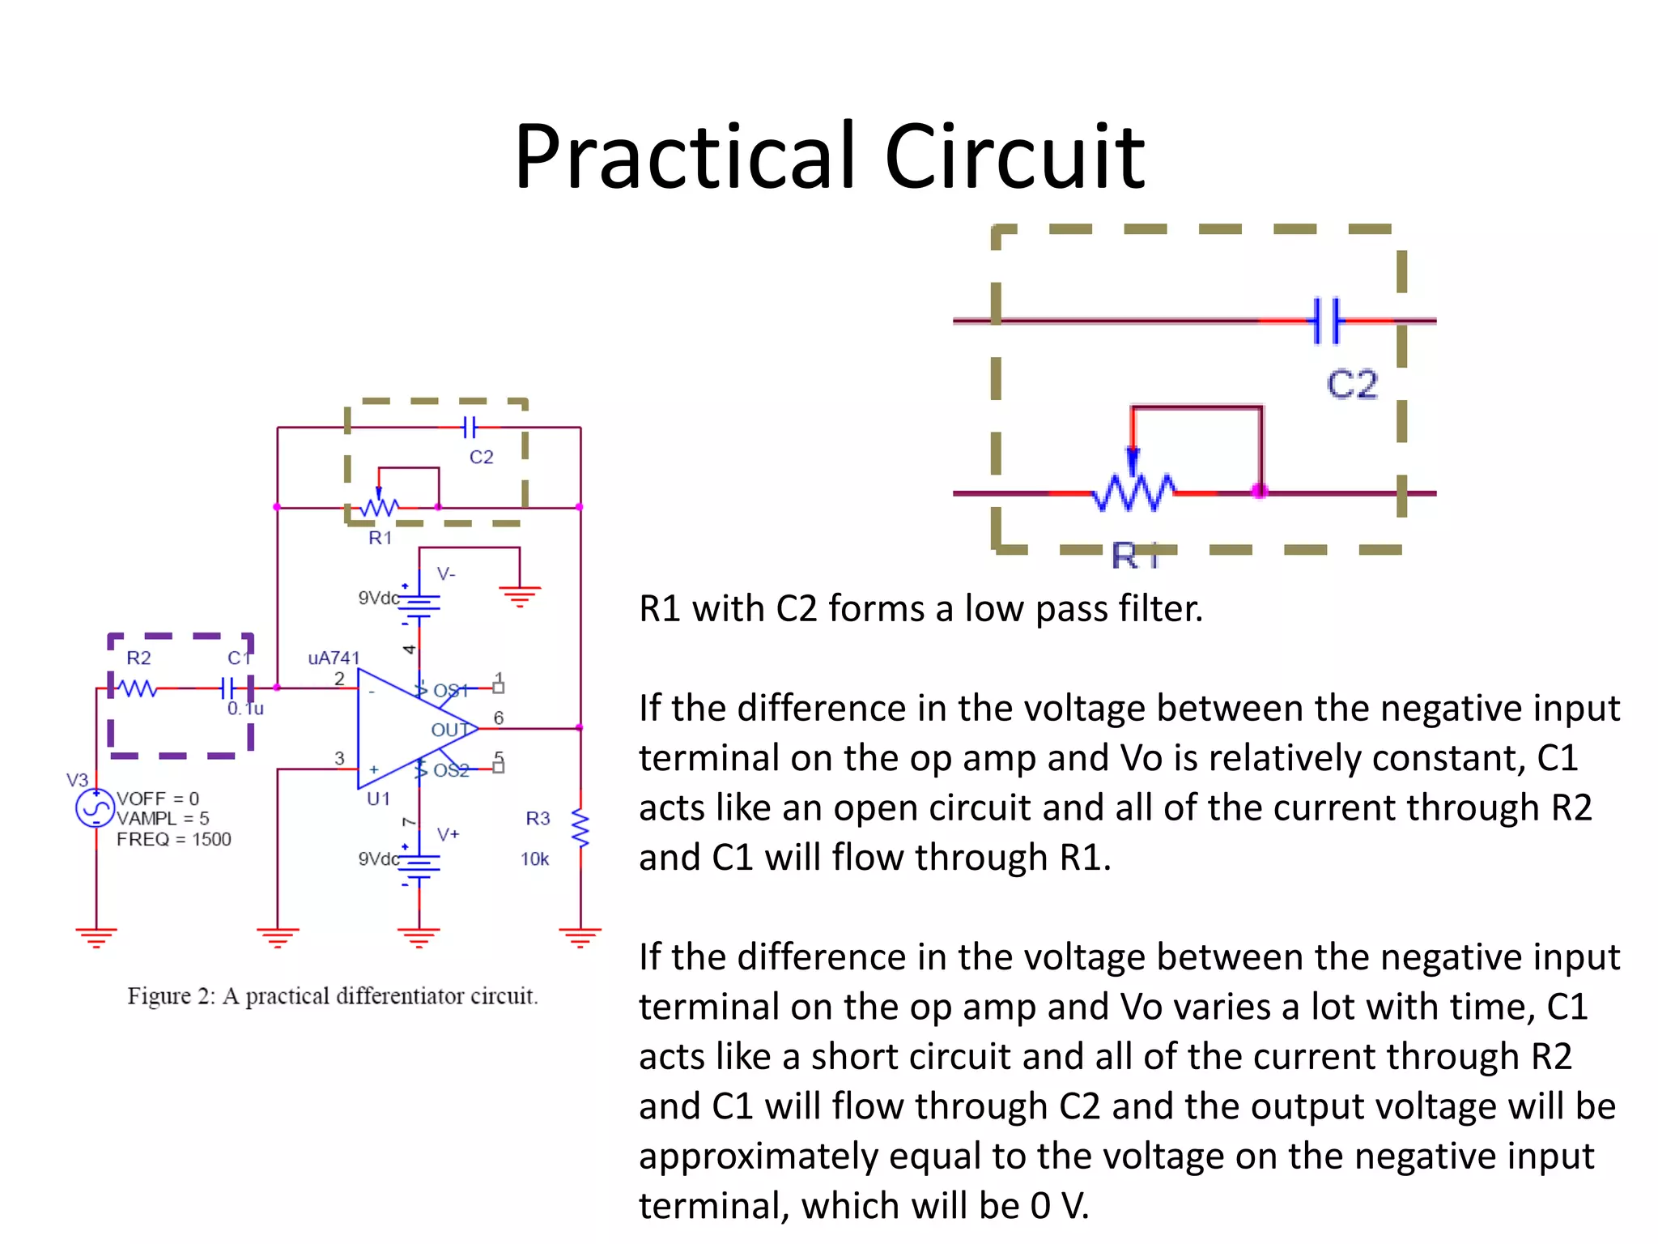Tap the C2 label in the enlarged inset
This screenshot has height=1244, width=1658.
(x=1351, y=384)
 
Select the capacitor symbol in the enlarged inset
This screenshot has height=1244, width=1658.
(x=1326, y=321)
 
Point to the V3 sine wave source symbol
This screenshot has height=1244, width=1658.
(x=96, y=807)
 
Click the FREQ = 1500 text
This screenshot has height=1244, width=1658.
(x=173, y=839)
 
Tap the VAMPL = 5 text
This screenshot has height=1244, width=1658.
(x=163, y=819)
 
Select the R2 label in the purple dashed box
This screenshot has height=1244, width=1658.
(x=138, y=658)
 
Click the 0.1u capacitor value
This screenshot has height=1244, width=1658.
(x=245, y=709)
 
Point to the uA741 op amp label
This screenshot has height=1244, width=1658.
(x=333, y=658)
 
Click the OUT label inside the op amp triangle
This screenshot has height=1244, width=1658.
(x=449, y=730)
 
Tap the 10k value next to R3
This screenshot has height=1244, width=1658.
(x=534, y=859)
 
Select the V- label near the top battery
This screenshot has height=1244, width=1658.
(x=446, y=574)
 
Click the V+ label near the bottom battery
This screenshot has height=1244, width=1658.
(x=448, y=834)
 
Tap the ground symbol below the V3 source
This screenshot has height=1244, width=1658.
(x=96, y=937)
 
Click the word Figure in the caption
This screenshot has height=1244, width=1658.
(x=159, y=996)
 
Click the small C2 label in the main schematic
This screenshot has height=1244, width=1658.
(x=481, y=457)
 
